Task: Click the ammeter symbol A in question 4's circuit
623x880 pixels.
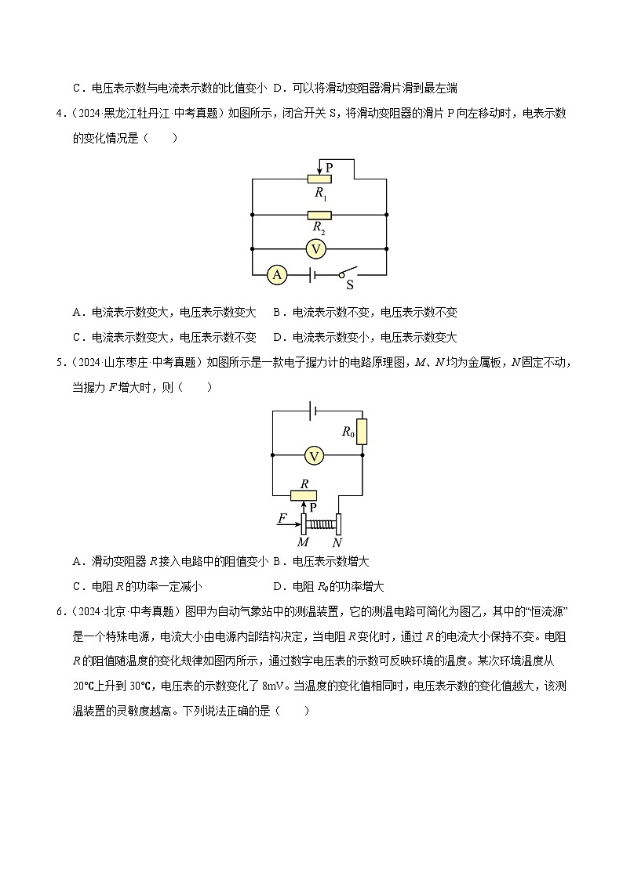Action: tap(276, 274)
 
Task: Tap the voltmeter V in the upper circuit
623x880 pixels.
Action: tap(315, 248)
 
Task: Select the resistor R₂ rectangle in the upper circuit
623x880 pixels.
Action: tap(319, 215)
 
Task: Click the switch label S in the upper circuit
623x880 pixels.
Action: tap(350, 285)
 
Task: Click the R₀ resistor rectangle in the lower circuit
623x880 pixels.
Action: tap(363, 431)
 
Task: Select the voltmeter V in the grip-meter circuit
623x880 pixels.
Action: tap(314, 454)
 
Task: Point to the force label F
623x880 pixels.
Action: tap(282, 518)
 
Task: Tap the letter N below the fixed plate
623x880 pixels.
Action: tap(337, 542)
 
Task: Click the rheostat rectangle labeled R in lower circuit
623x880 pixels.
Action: tap(303, 494)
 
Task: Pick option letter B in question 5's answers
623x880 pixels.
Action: tap(277, 561)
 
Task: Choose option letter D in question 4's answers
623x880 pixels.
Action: tap(277, 338)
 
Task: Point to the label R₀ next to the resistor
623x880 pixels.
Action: tap(348, 430)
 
